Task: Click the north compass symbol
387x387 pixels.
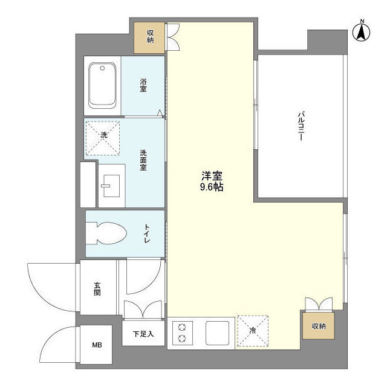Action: [x=361, y=31]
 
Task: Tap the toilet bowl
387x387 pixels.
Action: [x=107, y=233]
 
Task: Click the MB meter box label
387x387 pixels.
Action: [x=97, y=346]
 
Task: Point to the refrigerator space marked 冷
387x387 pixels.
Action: [x=253, y=331]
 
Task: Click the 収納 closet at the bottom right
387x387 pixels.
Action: [x=319, y=327]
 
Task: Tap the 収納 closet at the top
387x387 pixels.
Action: [x=150, y=36]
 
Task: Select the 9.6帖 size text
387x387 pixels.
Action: [x=212, y=187]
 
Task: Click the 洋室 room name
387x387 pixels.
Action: [x=212, y=176]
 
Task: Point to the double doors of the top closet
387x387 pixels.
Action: [x=173, y=36]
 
